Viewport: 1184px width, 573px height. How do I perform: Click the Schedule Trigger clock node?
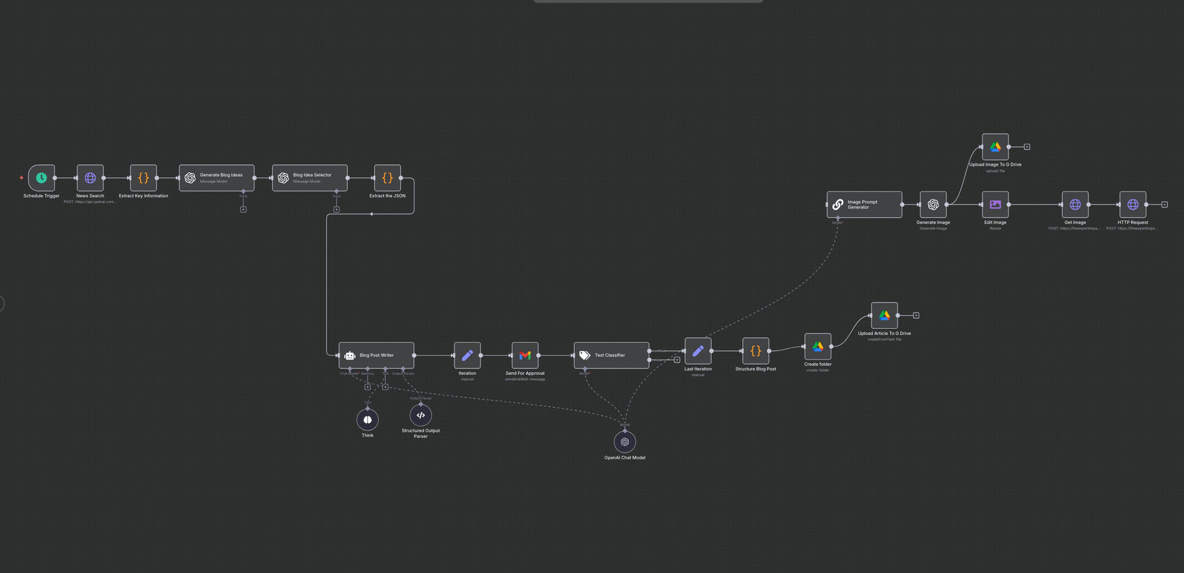tap(41, 178)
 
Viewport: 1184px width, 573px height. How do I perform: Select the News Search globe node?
tap(90, 178)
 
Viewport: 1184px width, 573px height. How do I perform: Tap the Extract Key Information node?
tap(143, 178)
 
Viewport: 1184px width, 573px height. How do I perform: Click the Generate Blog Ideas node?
tap(216, 178)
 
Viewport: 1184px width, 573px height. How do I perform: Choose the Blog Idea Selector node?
tap(310, 178)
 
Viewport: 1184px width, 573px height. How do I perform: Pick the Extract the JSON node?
tap(387, 178)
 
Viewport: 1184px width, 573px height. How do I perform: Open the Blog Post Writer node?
tap(376, 355)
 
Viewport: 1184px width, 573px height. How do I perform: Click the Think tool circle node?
tap(368, 420)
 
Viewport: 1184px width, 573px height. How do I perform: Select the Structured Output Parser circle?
tap(421, 415)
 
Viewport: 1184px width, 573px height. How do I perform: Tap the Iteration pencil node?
tap(467, 355)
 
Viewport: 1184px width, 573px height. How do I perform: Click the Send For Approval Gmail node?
tap(525, 355)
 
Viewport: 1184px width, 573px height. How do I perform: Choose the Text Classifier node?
tap(611, 355)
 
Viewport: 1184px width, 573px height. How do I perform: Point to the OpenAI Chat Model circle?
tap(625, 442)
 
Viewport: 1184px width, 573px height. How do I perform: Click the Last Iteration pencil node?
tap(698, 351)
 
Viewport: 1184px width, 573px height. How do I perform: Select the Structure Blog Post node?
tap(756, 351)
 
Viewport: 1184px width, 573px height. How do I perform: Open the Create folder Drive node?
tap(818, 346)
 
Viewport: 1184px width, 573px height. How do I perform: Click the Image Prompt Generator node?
tap(864, 205)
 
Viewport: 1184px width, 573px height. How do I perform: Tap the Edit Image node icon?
tap(995, 205)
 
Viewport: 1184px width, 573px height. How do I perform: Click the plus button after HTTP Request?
tap(1164, 205)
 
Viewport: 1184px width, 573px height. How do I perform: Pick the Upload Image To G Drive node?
tap(995, 147)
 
